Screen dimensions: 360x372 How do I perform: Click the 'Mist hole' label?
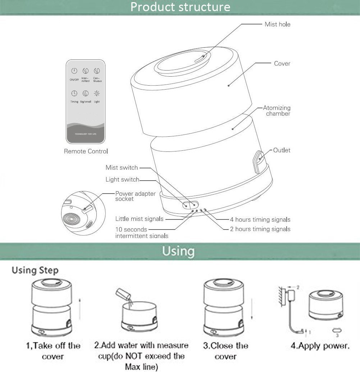[277, 24]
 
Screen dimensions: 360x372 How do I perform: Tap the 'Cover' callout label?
[282, 64]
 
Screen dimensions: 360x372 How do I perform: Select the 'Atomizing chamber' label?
[277, 110]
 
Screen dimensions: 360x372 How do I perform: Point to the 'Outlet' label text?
[282, 150]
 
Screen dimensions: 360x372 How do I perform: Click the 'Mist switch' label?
[122, 168]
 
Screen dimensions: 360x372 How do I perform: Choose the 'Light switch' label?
[122, 180]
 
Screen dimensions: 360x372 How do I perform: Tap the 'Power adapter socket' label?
[135, 196]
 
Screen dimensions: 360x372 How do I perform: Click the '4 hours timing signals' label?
[260, 219]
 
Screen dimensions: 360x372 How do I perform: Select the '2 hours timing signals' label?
[260, 229]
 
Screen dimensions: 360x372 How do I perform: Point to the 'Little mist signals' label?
[139, 219]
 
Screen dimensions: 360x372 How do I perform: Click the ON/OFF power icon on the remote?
[74, 71]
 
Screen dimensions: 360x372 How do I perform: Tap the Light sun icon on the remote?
[97, 94]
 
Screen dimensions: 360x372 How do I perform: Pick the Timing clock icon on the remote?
[74, 94]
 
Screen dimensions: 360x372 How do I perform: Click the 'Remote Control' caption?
[86, 151]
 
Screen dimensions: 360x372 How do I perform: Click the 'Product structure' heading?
[180, 7]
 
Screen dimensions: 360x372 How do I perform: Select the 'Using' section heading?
[178, 250]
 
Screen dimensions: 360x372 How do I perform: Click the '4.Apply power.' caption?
[320, 346]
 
